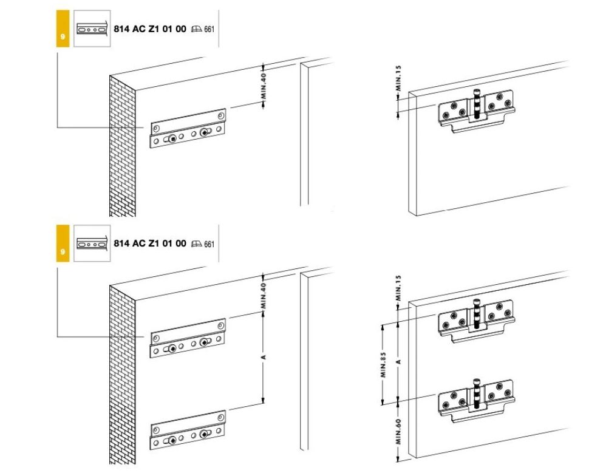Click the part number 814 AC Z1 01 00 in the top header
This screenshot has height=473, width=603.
coord(150,29)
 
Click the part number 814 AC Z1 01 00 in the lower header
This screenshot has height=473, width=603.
coord(150,243)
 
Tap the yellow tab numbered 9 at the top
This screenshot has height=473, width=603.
coord(63,29)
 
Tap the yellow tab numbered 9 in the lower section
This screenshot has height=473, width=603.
coord(63,243)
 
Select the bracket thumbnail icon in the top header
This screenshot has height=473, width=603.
coord(92,29)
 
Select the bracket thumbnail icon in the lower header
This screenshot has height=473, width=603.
coord(92,243)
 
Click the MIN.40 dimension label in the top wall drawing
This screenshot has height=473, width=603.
coord(264,86)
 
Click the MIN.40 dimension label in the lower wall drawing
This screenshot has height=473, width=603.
coord(264,296)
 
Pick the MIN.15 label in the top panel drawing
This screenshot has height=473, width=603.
coord(398,78)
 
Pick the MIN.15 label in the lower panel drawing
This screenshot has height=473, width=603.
coord(398,288)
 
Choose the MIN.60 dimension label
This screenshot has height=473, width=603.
coord(398,432)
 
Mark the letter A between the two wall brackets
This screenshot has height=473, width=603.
coord(264,358)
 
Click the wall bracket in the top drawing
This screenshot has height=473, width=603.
coord(188,129)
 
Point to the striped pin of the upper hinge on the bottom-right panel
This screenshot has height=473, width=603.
coord(477,314)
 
